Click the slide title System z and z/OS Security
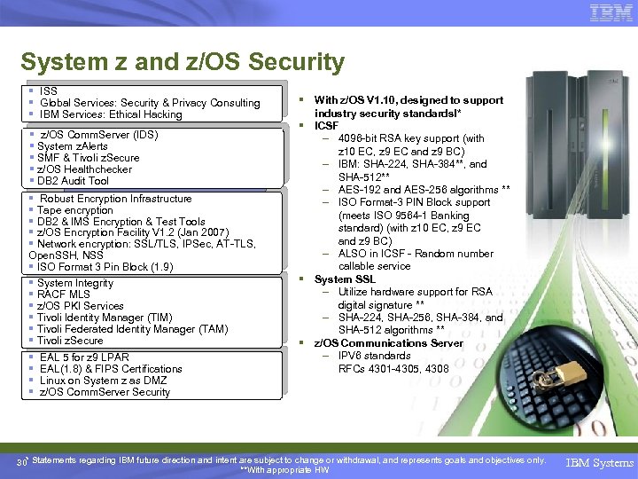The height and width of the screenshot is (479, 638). (182, 62)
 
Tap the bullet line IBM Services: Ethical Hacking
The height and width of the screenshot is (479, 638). (111, 114)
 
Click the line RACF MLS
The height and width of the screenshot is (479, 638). (64, 294)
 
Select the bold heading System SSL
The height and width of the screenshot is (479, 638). (345, 279)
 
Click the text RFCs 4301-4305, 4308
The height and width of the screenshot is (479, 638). (393, 369)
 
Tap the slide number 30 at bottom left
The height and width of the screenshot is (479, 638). (21, 463)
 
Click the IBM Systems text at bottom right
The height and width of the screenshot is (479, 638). (601, 463)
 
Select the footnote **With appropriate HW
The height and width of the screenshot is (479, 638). (284, 470)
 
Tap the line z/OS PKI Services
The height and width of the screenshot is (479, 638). (81, 306)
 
